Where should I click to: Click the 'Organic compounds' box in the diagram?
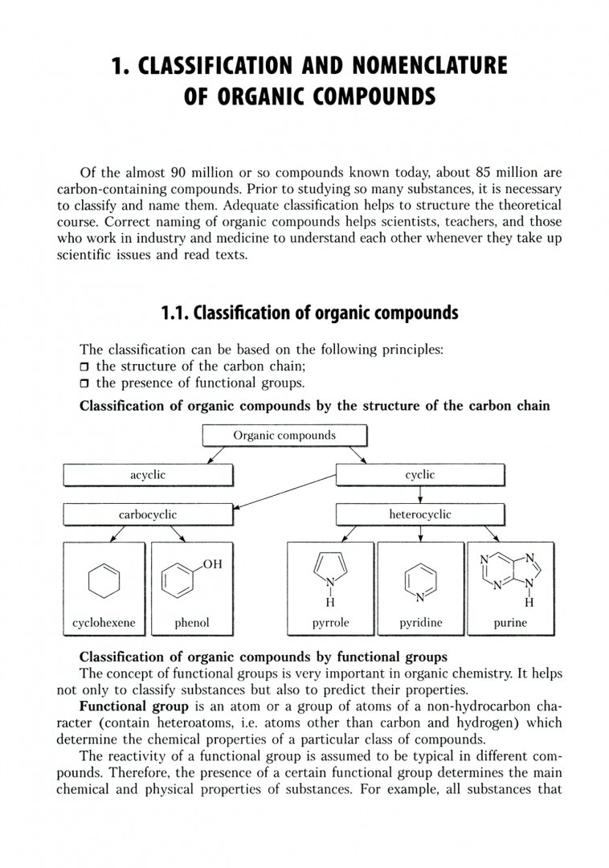(284, 436)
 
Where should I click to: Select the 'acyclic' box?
(148, 475)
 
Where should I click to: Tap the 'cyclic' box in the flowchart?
(419, 475)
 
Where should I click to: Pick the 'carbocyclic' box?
(148, 514)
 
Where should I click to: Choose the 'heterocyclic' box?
(419, 514)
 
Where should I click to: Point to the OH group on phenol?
(212, 565)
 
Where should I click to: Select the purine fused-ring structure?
(510, 573)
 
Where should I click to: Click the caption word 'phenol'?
(191, 622)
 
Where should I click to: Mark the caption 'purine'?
(510, 622)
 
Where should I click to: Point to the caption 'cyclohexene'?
(104, 622)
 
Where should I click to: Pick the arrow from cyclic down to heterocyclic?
(420, 494)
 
